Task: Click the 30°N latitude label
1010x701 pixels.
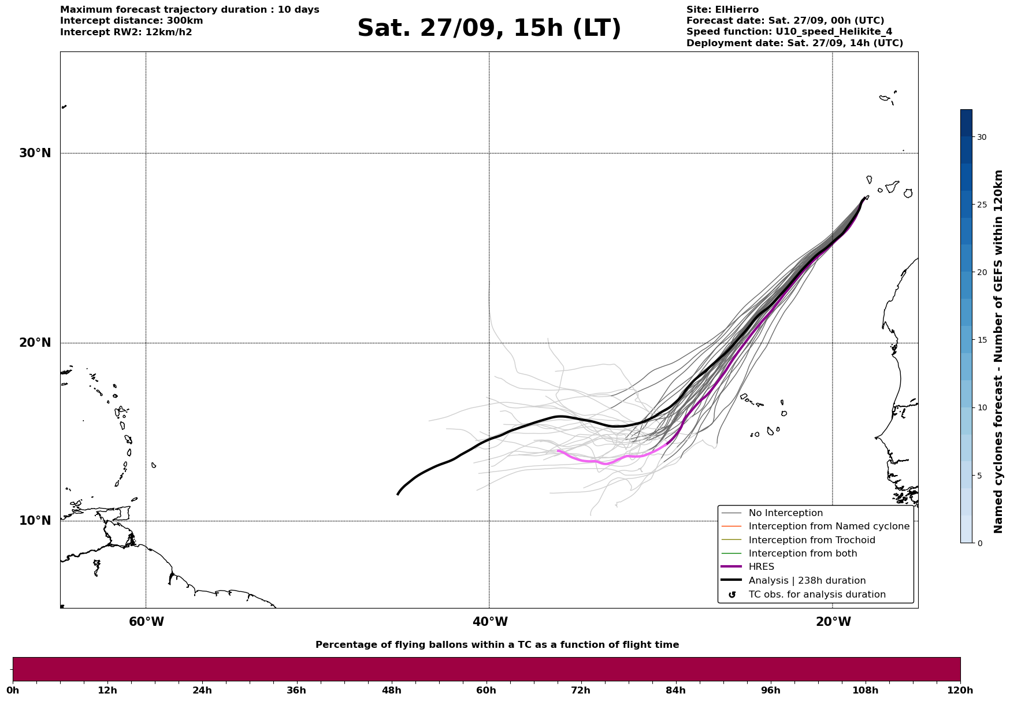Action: pos(35,153)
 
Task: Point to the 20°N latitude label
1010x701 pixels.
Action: pos(35,343)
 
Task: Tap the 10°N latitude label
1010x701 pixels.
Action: pos(35,521)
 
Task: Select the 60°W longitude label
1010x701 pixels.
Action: pos(146,622)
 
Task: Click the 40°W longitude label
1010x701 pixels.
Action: pos(490,622)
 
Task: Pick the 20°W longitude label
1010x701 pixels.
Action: pos(833,622)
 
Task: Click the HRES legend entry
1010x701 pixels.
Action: pos(761,567)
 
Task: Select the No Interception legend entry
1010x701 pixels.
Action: pos(785,513)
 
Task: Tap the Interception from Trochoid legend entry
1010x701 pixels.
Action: pos(811,540)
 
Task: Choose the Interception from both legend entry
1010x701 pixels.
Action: pos(803,554)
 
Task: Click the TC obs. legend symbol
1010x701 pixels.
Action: pos(732,595)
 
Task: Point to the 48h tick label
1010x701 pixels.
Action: pos(392,690)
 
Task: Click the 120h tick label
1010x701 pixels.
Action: pos(960,690)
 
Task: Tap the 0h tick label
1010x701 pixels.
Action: pos(13,690)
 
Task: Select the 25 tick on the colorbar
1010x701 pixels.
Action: pos(982,205)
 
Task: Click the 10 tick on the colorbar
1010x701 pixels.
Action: pos(982,407)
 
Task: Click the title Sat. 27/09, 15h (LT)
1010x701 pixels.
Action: pos(489,28)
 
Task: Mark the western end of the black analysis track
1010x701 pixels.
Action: pos(398,494)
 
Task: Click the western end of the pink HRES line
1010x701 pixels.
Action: pos(558,450)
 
